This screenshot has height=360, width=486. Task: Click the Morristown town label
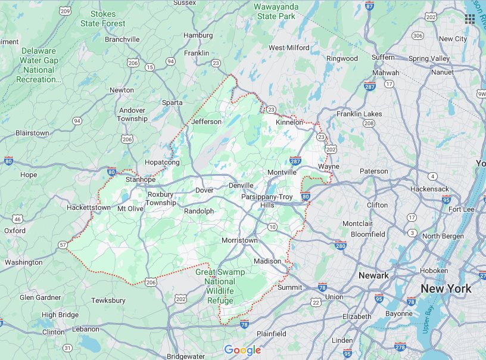coord(239,240)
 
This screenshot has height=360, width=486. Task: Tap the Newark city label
coord(373,275)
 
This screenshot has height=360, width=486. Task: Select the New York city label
coord(446,288)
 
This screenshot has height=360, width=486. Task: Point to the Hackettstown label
coord(89,207)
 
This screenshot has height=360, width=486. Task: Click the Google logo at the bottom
coord(242,350)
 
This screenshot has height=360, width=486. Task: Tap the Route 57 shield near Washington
coord(63,244)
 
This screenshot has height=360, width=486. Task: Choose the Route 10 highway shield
coord(272,226)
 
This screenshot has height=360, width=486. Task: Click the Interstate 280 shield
coord(341,245)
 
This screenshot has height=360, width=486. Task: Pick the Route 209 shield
coord(66,11)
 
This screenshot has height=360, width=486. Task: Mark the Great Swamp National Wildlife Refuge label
coord(220,286)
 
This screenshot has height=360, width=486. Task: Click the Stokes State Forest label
coord(108,18)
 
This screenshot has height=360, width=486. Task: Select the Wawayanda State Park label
coord(276,11)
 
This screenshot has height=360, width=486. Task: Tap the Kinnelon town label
coord(289,122)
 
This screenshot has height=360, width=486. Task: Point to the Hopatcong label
coord(162,162)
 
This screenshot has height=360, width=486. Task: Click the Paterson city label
coord(373,171)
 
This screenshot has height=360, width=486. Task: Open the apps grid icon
coord(470,18)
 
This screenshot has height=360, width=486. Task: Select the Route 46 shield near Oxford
coord(18,219)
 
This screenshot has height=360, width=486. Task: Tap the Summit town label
coord(290,287)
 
